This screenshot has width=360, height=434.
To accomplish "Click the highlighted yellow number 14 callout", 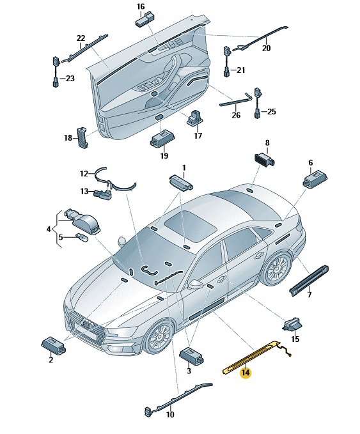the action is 246,372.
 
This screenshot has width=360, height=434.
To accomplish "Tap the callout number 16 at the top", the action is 141,6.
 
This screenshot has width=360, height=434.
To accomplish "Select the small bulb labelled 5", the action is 82,237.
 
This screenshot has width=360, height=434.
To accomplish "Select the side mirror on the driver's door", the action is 195,284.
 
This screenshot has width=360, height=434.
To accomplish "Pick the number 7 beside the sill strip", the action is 309,294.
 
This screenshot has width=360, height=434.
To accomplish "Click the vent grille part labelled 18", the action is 82,137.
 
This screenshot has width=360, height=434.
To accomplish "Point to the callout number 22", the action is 81,38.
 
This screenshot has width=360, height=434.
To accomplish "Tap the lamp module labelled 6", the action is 315,179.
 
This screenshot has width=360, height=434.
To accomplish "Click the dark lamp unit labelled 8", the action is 265,159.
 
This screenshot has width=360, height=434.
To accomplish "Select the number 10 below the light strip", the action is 170,414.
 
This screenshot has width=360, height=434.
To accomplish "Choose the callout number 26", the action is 236,115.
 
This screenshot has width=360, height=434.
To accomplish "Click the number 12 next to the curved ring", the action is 84,174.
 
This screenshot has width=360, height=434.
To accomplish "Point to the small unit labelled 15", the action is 292,325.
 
